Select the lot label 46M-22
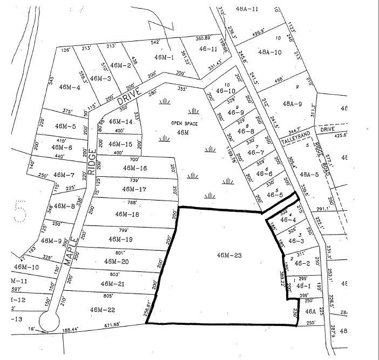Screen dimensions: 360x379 [104, 310]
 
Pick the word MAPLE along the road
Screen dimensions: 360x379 [72, 252]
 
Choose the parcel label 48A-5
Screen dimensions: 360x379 [310, 174]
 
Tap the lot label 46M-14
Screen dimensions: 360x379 [120, 122]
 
